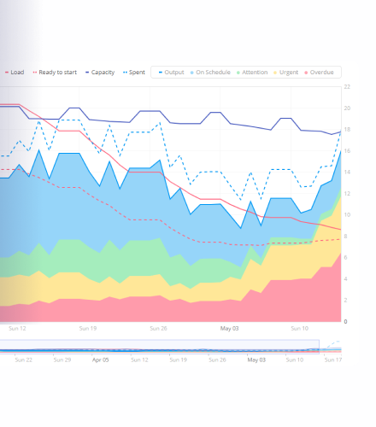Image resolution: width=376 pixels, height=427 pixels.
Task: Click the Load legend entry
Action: click(15, 73)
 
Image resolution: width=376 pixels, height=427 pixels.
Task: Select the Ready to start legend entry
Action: click(55, 73)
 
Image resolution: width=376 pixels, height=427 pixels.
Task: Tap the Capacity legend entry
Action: click(100, 73)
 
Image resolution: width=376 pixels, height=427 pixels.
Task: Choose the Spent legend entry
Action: click(134, 73)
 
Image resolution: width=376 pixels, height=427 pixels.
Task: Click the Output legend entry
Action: click(172, 73)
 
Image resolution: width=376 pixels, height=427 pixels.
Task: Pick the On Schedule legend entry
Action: click(210, 73)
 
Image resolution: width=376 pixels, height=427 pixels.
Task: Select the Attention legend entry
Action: click(252, 73)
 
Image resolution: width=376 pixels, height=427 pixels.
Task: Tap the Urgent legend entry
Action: click(286, 73)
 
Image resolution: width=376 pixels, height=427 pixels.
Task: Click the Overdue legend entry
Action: click(319, 73)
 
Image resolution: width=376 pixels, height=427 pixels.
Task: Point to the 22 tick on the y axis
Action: click(347, 86)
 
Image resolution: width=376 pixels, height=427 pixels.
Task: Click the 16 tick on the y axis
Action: click(347, 151)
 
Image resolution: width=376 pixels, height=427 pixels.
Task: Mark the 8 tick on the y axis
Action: click(345, 236)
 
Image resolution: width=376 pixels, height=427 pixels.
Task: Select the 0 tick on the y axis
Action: click(345, 321)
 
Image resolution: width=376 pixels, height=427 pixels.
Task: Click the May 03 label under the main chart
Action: click(229, 329)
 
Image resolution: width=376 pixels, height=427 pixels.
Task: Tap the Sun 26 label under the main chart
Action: click(158, 329)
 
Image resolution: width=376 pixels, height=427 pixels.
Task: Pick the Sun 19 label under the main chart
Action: click(88, 329)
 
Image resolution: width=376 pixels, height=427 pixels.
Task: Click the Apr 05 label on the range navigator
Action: click(100, 360)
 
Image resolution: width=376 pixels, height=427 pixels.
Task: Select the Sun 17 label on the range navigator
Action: click(333, 360)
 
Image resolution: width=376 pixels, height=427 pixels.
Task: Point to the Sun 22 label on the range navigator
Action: click(24, 360)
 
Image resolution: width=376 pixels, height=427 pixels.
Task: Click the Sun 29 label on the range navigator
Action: click(62, 360)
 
